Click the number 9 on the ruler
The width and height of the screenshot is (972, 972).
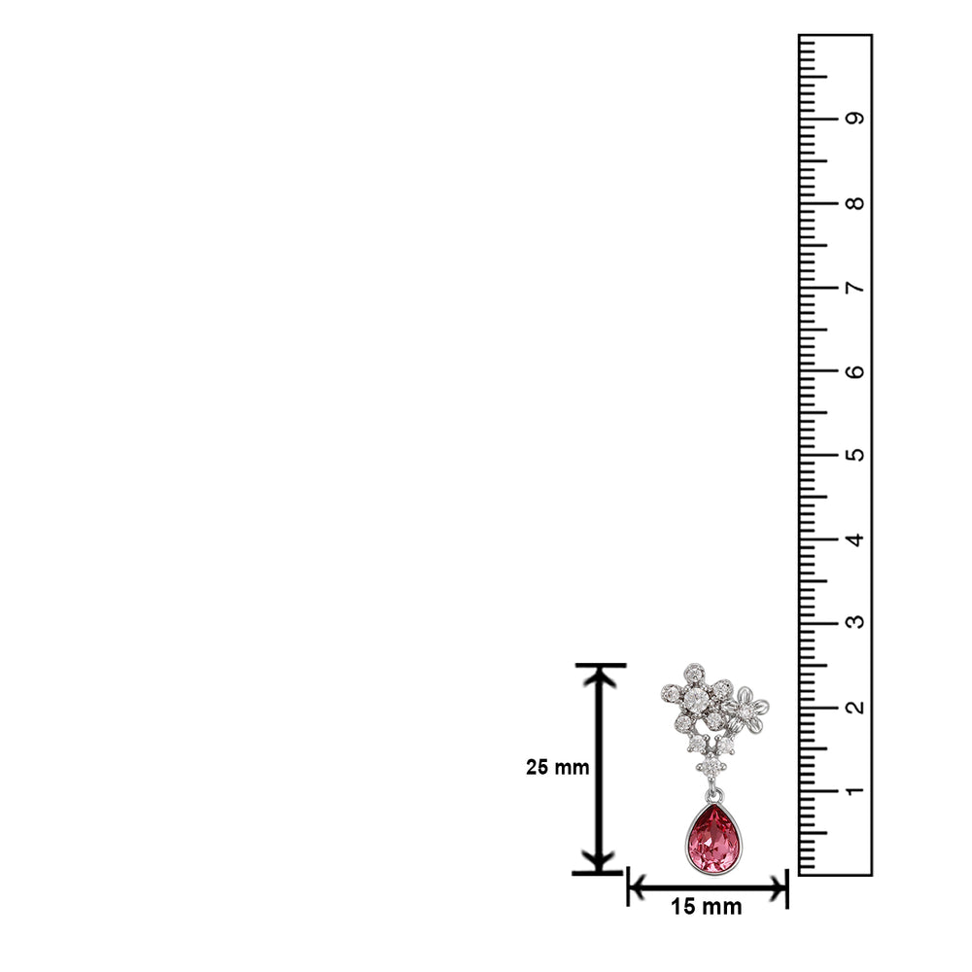(x=854, y=118)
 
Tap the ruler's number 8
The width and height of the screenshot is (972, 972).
(x=854, y=203)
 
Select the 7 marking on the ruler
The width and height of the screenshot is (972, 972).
(x=854, y=287)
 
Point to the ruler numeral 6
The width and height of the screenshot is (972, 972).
(x=854, y=371)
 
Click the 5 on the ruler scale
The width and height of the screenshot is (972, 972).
(x=854, y=455)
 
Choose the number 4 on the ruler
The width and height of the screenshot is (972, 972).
(x=854, y=539)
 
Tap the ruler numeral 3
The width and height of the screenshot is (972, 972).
(x=854, y=622)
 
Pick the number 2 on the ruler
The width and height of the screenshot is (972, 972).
(x=854, y=707)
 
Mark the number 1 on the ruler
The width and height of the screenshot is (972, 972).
(x=854, y=791)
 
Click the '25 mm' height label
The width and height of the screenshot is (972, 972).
(x=557, y=768)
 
